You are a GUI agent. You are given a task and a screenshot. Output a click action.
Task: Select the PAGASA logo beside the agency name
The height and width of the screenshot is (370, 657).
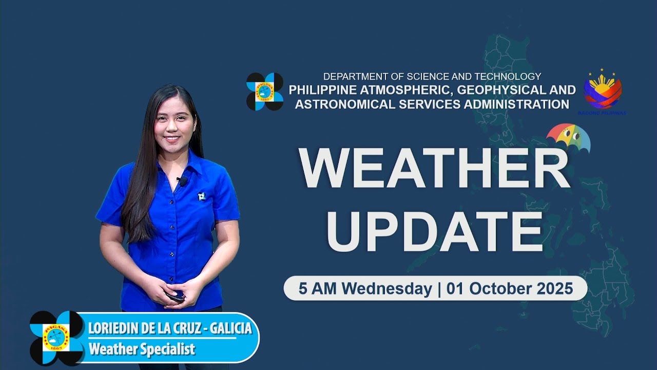pyautogui.click(x=264, y=91)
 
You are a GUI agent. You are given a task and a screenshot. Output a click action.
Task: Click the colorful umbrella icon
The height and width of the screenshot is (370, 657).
pyautogui.click(x=568, y=138)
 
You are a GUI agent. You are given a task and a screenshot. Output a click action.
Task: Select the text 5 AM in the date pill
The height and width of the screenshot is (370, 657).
pyautogui.click(x=318, y=289)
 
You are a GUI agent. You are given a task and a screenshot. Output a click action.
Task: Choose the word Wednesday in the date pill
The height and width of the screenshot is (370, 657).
pyautogui.click(x=388, y=289)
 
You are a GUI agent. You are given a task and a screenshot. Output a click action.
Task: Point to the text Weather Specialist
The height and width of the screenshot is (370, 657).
pyautogui.click(x=142, y=349)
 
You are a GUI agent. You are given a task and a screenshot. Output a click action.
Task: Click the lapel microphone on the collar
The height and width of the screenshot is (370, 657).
pyautogui.click(x=182, y=181)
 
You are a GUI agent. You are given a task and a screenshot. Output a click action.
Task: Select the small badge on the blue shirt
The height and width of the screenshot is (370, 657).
pyautogui.click(x=201, y=196)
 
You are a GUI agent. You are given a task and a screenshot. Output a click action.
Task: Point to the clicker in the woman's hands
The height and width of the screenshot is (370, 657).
pyautogui.click(x=177, y=296)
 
